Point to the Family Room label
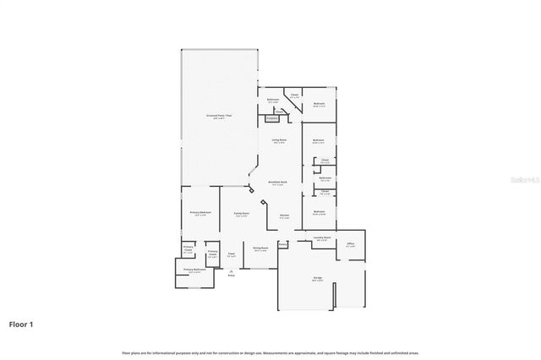(x=241, y=214)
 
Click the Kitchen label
(x=284, y=215)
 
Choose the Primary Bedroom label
(x=199, y=213)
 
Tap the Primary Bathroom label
(x=194, y=270)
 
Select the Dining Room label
(x=260, y=248)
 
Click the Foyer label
(x=231, y=257)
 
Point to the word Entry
(x=231, y=275)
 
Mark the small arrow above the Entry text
(x=231, y=270)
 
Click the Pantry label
(x=282, y=246)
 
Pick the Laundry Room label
(x=320, y=238)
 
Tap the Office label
(x=350, y=244)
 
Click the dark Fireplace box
(x=272, y=118)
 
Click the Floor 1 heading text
(x=22, y=324)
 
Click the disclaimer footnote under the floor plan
(x=270, y=352)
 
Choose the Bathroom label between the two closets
(x=325, y=178)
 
